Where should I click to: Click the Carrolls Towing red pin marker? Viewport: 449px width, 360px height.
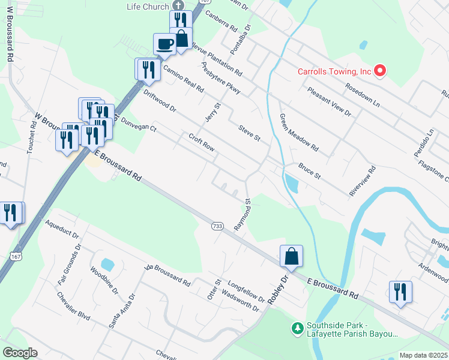tap(379, 71)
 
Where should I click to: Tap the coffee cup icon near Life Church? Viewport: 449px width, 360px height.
tap(165, 43)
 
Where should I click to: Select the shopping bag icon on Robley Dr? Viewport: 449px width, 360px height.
tap(291, 256)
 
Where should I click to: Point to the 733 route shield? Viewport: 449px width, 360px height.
tap(217, 226)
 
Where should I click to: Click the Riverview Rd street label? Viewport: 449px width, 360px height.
tap(362, 181)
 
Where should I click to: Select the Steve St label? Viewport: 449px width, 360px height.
tap(249, 133)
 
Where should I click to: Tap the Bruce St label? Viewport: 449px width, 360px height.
tap(310, 171)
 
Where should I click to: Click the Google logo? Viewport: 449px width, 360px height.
tap(19, 352)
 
